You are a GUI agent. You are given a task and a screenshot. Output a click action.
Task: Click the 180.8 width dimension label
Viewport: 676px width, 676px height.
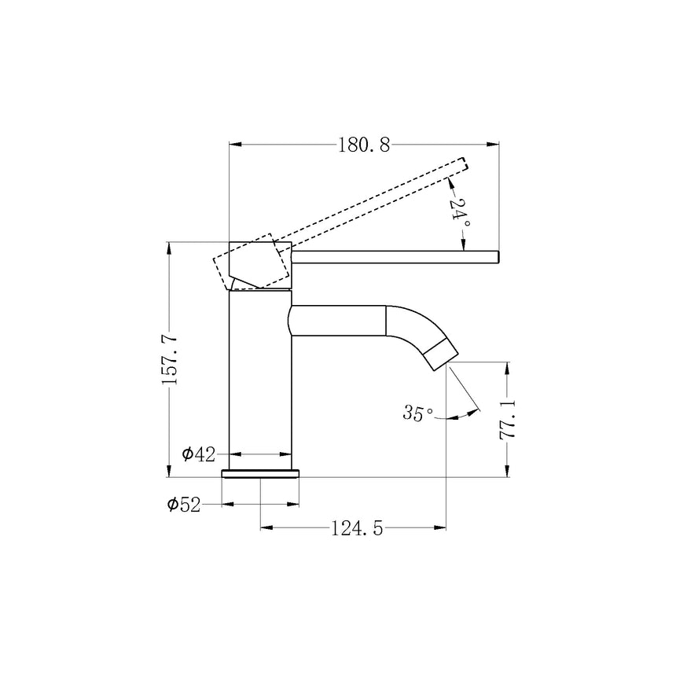[x=363, y=145]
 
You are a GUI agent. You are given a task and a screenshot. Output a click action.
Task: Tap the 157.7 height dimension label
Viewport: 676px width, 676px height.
[x=169, y=359]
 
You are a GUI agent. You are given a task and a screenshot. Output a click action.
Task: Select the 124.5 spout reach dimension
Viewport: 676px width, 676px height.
[x=357, y=527]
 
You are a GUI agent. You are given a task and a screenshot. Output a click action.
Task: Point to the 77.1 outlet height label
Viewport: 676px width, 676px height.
[x=508, y=420]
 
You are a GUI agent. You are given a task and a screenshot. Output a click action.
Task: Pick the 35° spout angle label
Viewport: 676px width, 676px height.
[x=417, y=413]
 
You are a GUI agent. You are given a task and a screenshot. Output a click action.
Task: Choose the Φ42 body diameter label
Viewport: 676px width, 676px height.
[x=198, y=454]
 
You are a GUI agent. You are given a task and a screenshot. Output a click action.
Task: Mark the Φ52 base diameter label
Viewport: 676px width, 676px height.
[x=184, y=505]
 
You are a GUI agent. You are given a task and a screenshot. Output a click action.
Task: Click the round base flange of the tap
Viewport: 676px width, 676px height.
[x=260, y=474]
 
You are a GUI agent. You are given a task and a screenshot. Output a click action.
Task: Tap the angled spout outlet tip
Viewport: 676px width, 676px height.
[x=440, y=355]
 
